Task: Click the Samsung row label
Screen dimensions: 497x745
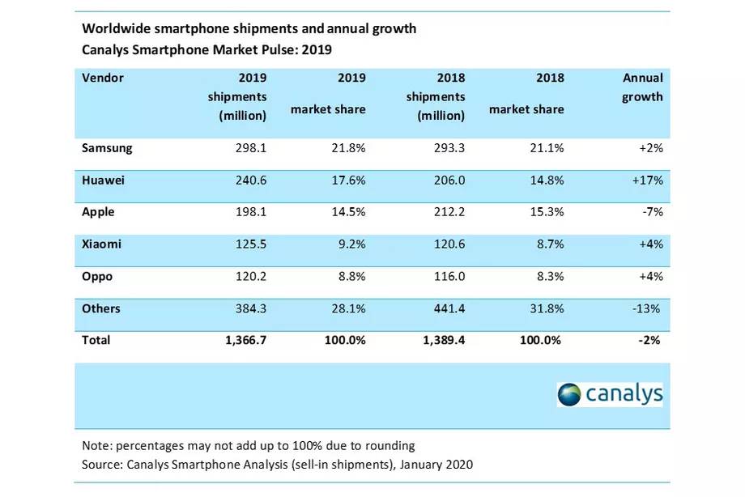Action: pos(107,148)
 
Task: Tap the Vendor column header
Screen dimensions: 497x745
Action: pos(103,78)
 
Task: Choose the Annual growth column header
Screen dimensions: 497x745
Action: pos(642,87)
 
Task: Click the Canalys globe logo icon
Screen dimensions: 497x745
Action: pos(570,394)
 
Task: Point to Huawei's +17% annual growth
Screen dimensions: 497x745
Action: pos(647,181)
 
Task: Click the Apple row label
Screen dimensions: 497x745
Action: pos(98,212)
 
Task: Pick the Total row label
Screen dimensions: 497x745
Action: pos(96,341)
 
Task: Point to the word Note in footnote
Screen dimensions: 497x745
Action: pos(96,445)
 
